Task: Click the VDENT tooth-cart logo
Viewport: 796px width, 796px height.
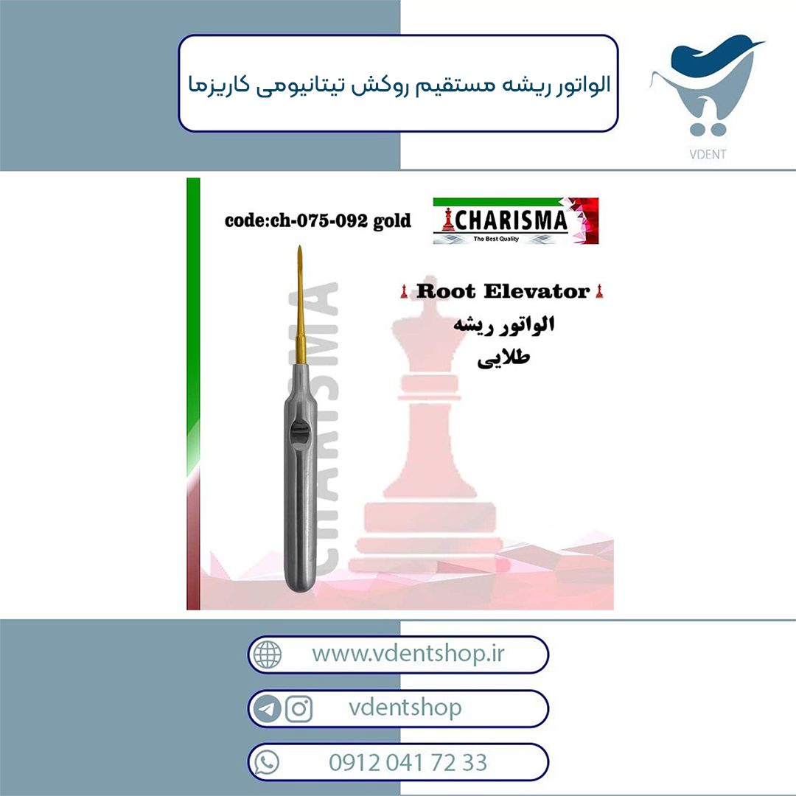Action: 707,86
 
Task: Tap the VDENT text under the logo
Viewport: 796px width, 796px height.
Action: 708,154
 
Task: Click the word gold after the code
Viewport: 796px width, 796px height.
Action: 391,222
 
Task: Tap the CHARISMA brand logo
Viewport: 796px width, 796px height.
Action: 516,221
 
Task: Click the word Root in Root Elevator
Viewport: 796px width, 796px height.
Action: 446,291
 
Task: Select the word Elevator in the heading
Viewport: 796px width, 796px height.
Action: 537,291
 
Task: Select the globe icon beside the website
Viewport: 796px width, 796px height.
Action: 268,654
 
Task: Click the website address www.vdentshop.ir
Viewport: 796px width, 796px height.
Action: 408,653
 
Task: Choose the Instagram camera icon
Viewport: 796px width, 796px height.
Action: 298,709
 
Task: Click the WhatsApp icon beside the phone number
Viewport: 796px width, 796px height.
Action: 267,763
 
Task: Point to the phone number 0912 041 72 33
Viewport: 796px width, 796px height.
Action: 408,763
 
